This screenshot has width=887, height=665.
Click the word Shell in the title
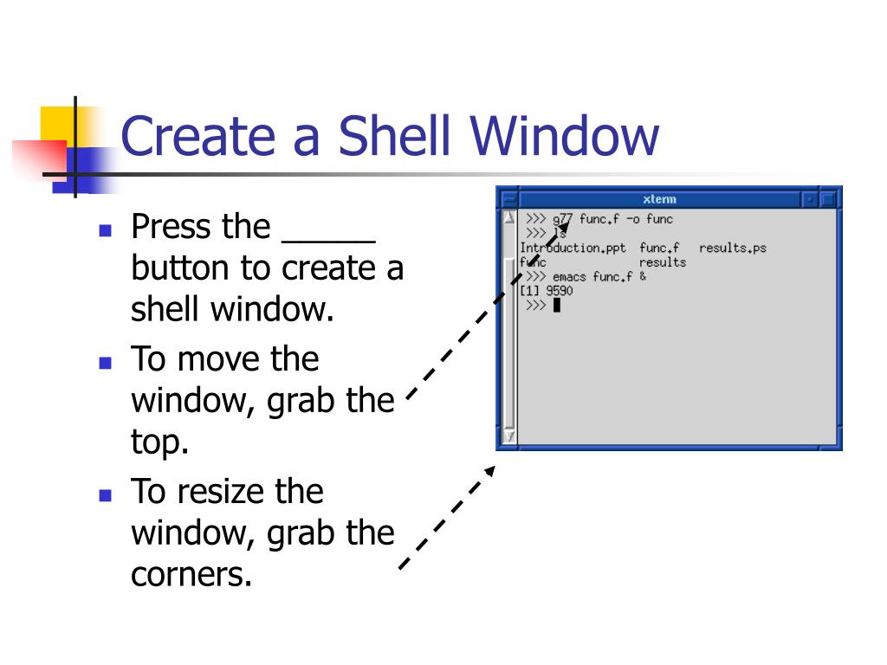pos(395,136)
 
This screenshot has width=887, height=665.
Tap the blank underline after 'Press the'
pos(328,229)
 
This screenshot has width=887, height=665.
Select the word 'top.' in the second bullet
pos(159,443)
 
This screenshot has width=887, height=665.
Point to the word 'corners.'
pos(191,575)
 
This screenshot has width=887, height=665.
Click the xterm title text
pos(660,199)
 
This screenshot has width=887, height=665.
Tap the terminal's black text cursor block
pos(556,305)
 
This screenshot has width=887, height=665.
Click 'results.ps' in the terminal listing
pos(732,249)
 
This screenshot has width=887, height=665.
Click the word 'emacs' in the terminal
pos(569,277)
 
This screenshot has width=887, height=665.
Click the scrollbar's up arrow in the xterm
pos(509,219)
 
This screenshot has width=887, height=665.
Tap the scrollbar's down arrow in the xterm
pos(509,436)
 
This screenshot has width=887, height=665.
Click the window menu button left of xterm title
pos(509,199)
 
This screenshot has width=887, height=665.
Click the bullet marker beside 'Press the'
pos(106,230)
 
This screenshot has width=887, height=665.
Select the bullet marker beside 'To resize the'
pos(106,495)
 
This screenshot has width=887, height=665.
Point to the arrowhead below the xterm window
pos(489,471)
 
